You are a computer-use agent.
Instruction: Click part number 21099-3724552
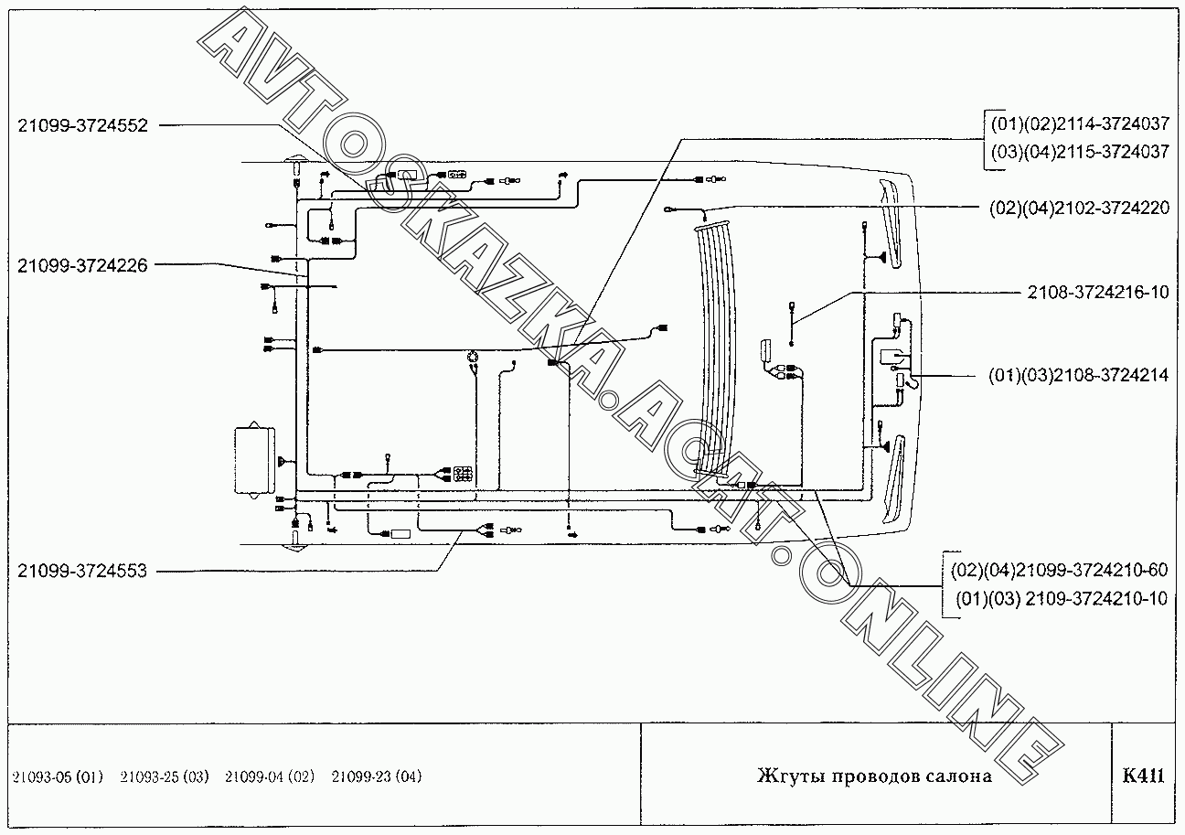point(82,126)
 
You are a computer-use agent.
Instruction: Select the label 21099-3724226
point(82,265)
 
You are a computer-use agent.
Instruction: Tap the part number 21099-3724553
point(82,571)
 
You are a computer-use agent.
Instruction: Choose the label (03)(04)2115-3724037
point(1079,152)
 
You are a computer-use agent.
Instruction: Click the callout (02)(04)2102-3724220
point(1079,208)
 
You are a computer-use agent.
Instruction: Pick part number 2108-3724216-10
point(1097,293)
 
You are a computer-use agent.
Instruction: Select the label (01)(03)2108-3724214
point(1079,375)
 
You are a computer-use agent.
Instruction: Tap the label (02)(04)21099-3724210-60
point(1060,571)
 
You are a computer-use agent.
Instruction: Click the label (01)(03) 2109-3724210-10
point(1062,599)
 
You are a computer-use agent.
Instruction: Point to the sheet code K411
point(1143,776)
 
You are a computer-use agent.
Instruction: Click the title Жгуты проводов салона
point(874,776)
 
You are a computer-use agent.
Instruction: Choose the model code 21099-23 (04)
point(377,777)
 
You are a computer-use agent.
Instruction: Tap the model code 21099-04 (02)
point(270,777)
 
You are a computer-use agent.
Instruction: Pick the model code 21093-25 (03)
point(165,777)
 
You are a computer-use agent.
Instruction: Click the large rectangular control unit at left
point(253,460)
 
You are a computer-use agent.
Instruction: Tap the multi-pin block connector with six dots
point(463,475)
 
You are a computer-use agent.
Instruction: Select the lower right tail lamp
point(893,479)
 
